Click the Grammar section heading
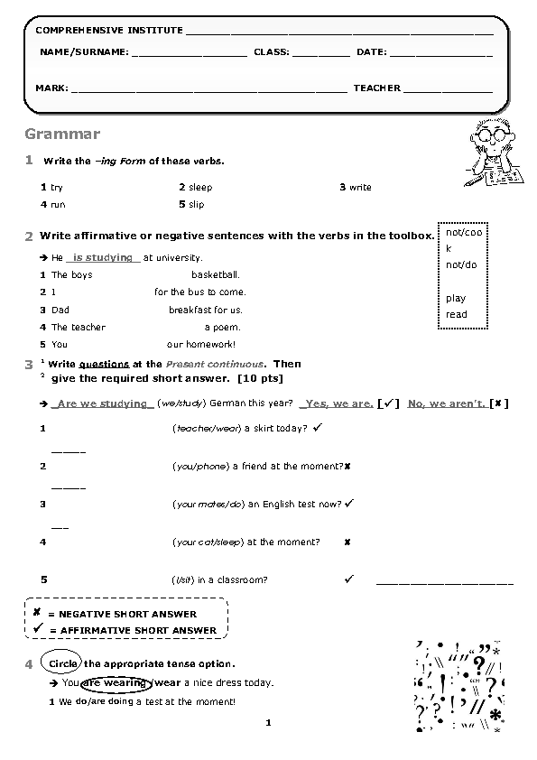coord(62,134)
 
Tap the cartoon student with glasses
coord(492,152)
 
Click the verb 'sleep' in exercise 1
coord(200,188)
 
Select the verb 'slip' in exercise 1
coord(197,205)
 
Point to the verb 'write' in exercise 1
coord(360,188)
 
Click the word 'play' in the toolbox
coord(456,298)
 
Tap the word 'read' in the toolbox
coord(457,314)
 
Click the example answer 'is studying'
coord(103,258)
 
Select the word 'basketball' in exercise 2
coord(215,274)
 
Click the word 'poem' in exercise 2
coord(230,328)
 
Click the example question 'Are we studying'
coord(102,403)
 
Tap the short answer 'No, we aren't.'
coord(446,403)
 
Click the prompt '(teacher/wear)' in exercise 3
coord(207,429)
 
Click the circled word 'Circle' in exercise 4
coord(63,664)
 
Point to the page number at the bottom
coord(268,722)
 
